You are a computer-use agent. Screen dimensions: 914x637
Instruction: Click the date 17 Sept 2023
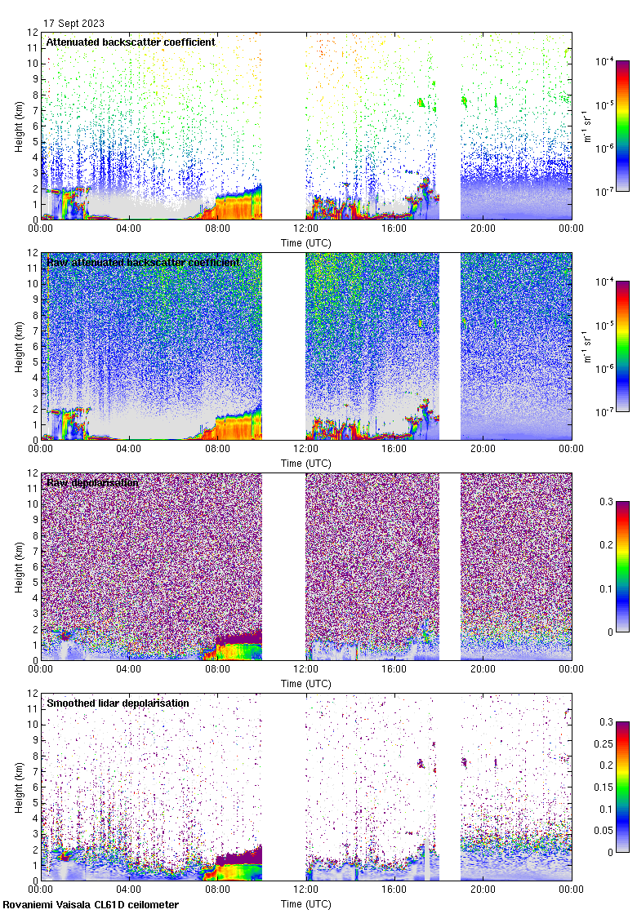74,24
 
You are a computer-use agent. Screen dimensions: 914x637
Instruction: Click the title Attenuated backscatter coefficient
131,42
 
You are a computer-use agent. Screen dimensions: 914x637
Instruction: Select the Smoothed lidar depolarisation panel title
118,703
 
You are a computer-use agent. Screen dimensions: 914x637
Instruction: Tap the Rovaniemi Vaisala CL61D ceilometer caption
91,904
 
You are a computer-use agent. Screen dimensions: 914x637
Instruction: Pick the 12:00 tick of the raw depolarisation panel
306,669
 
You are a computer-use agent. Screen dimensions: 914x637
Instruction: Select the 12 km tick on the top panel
32,33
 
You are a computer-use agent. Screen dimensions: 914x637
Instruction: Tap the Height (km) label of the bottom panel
19,787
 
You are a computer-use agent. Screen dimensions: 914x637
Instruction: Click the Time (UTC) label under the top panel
306,242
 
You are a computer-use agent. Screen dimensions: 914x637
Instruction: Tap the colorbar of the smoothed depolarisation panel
622,787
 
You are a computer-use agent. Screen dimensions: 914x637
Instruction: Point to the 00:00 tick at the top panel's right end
571,228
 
